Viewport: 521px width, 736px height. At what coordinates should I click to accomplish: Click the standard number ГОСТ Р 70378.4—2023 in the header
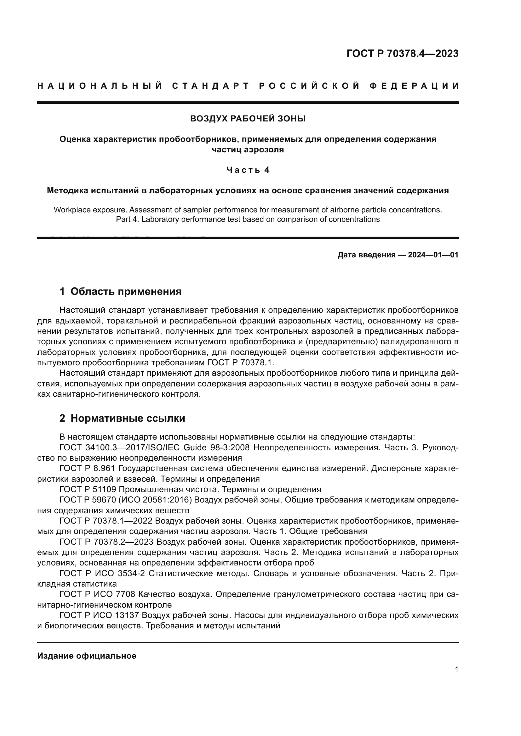pos(402,53)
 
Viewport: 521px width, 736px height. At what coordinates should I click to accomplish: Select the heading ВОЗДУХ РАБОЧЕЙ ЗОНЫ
pos(248,119)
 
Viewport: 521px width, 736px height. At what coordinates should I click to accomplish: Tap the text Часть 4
pos(248,170)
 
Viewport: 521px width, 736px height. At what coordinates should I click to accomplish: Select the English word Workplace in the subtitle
pos(72,210)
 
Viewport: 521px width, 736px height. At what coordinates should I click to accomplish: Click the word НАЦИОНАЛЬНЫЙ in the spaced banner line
pos(100,86)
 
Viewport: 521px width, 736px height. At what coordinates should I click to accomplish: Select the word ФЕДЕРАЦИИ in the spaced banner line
pos(415,86)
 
